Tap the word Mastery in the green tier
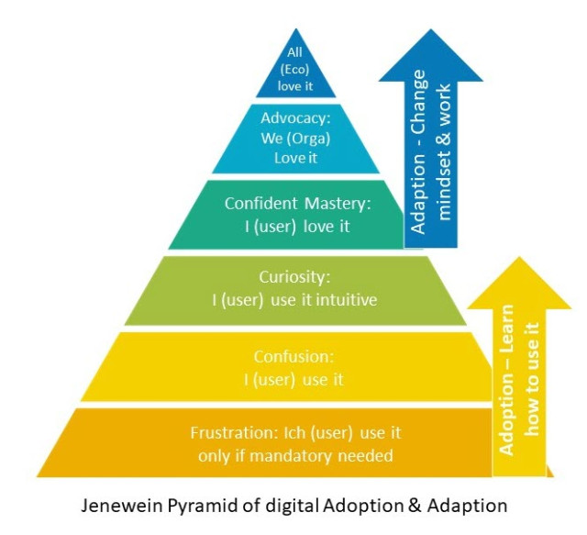pos(338,205)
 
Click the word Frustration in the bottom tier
pos(233,433)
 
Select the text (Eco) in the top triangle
pos(295,70)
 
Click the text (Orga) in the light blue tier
pos(308,139)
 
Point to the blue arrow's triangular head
pos(431,56)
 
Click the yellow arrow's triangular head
pos(519,284)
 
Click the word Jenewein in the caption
pos(122,506)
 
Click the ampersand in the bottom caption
pos(415,506)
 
